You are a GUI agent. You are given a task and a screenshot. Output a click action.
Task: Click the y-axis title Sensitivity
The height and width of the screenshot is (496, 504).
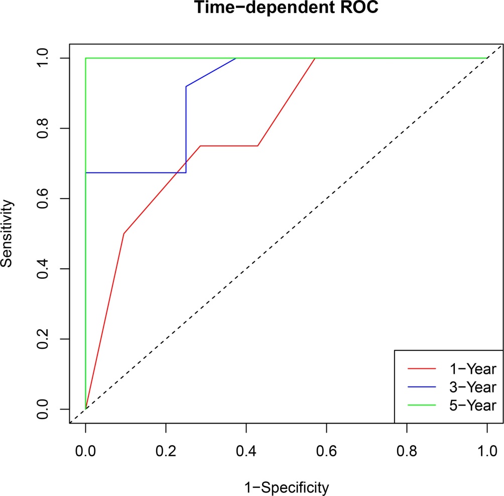point(7,234)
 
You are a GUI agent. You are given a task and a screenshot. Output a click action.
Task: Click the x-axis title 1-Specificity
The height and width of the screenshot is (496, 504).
point(286,486)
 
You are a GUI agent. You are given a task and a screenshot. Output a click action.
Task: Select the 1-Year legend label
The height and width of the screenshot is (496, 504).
point(471,369)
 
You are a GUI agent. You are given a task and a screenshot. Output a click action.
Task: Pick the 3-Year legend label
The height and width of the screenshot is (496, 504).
point(471,387)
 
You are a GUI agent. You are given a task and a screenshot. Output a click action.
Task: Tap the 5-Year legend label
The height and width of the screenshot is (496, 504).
point(471,405)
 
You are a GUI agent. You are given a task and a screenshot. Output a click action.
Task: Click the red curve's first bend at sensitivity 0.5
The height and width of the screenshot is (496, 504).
point(123,234)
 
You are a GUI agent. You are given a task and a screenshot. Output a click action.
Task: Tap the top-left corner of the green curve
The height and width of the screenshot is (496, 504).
point(86,58)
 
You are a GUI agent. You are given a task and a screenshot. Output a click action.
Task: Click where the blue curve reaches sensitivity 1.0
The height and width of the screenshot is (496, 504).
point(236,58)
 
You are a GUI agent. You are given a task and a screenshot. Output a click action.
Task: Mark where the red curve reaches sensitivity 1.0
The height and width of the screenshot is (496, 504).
point(315,58)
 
